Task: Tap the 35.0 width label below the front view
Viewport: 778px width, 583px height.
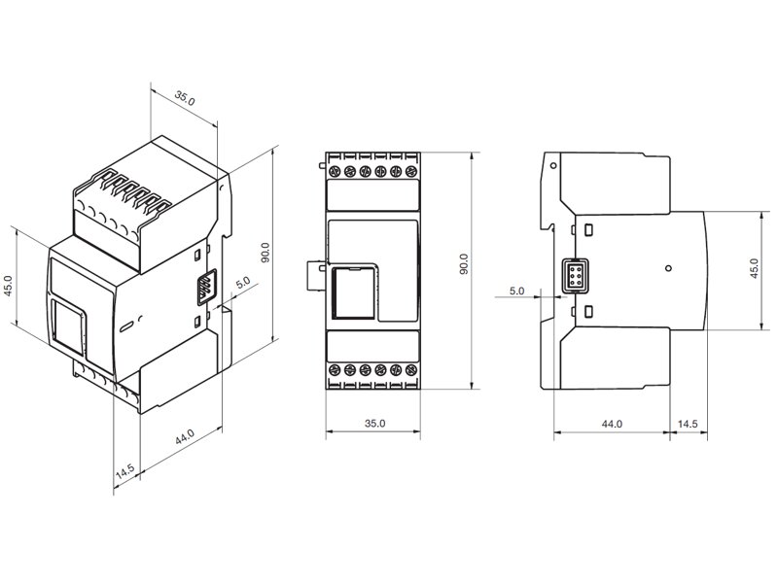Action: [374, 424]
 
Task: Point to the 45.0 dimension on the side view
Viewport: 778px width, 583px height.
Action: [754, 268]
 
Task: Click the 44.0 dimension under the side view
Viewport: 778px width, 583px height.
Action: [612, 424]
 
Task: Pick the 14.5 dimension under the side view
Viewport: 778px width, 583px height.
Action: [688, 424]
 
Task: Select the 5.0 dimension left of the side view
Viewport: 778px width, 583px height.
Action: [516, 291]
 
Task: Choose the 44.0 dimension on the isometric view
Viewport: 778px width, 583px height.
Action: [184, 438]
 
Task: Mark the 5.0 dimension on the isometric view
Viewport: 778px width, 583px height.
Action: [242, 283]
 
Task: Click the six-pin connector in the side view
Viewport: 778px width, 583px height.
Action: [574, 275]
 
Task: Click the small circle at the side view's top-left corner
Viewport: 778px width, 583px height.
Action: [552, 166]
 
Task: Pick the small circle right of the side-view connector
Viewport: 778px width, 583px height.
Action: [667, 266]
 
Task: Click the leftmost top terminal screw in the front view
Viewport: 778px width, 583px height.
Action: [334, 172]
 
